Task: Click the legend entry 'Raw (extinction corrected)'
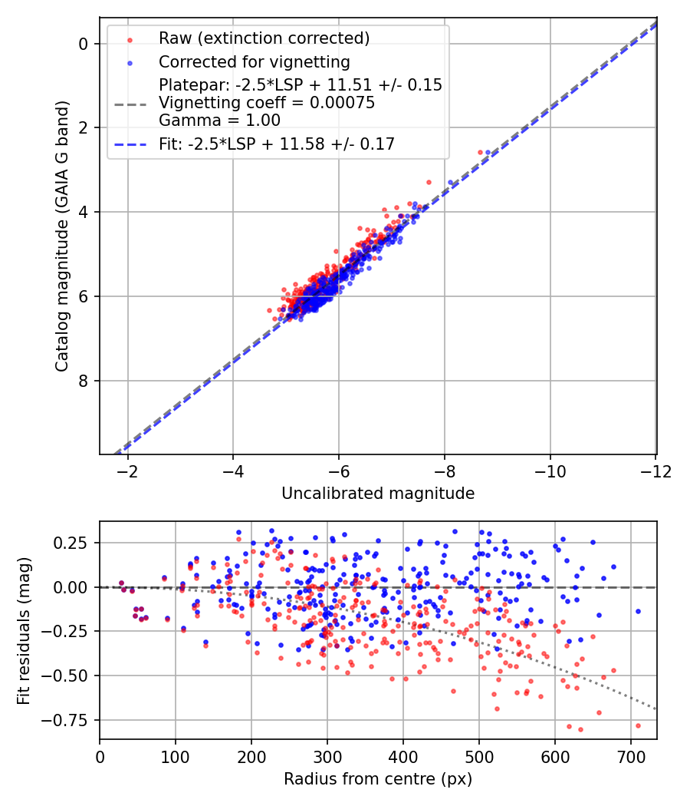click(x=264, y=38)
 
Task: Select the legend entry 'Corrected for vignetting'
click(x=254, y=62)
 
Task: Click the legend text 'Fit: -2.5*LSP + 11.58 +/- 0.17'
click(x=277, y=144)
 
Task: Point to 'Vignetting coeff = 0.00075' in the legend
click(x=267, y=103)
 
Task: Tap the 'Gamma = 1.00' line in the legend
click(x=219, y=121)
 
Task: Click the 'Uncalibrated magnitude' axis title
click(x=378, y=494)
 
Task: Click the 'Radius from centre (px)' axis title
click(x=378, y=779)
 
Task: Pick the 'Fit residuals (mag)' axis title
click(x=24, y=631)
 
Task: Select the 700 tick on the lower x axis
click(x=631, y=757)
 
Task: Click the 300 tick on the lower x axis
click(x=327, y=757)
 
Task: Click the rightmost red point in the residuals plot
click(x=638, y=725)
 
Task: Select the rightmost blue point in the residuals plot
click(x=638, y=612)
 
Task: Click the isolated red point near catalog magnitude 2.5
click(x=481, y=152)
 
